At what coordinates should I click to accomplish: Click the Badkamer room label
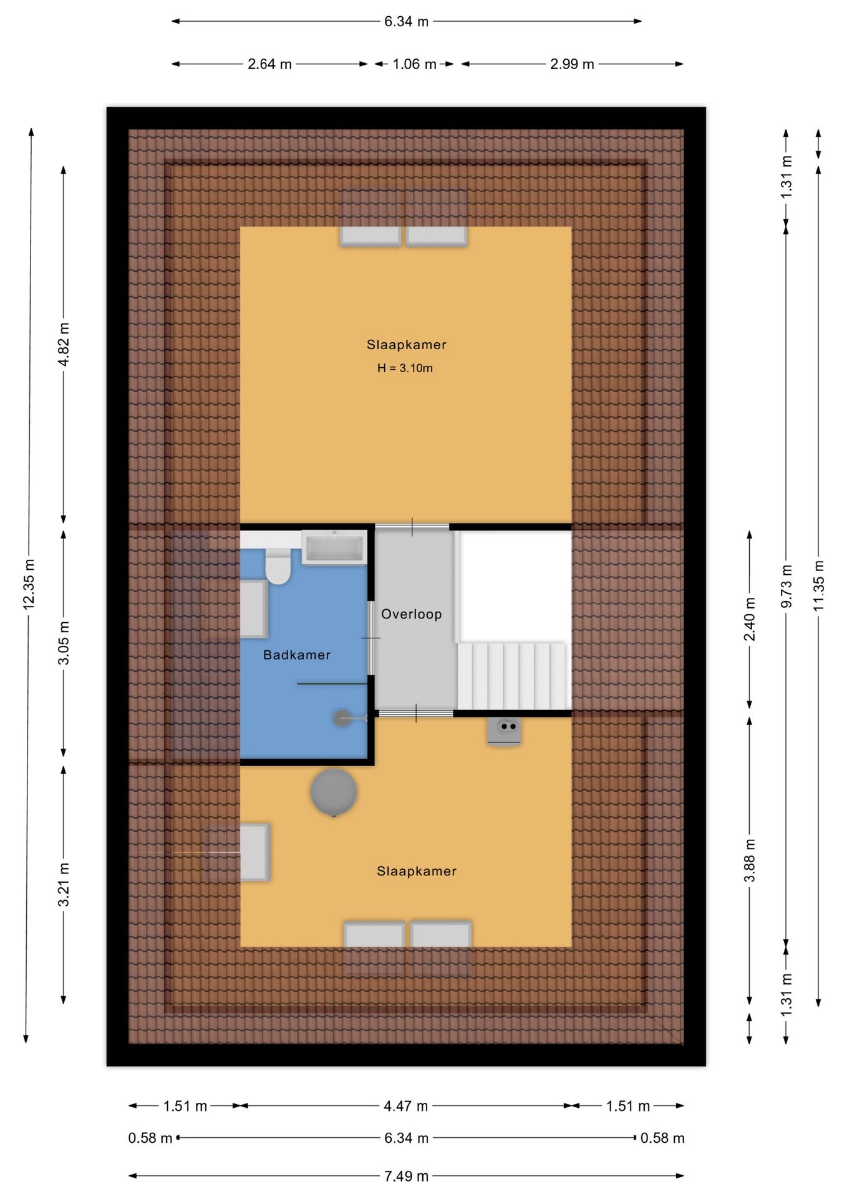(x=296, y=655)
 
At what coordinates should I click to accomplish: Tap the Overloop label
(x=411, y=614)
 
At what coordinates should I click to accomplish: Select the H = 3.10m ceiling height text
(x=405, y=368)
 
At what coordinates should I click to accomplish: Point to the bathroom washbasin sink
(x=334, y=547)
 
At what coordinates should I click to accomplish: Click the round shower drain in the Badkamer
(x=342, y=718)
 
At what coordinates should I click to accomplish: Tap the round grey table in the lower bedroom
(x=334, y=792)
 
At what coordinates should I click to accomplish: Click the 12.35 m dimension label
(x=29, y=584)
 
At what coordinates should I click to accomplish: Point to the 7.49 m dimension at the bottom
(x=406, y=1176)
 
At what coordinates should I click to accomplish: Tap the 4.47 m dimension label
(x=405, y=1106)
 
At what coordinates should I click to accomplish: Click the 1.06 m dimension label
(x=414, y=64)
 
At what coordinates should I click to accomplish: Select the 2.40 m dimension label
(x=749, y=619)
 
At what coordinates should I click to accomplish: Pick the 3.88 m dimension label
(x=749, y=860)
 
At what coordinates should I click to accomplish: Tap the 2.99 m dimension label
(x=572, y=64)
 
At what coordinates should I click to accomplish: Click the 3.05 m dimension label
(x=64, y=642)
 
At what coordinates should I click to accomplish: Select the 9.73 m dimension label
(x=786, y=586)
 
